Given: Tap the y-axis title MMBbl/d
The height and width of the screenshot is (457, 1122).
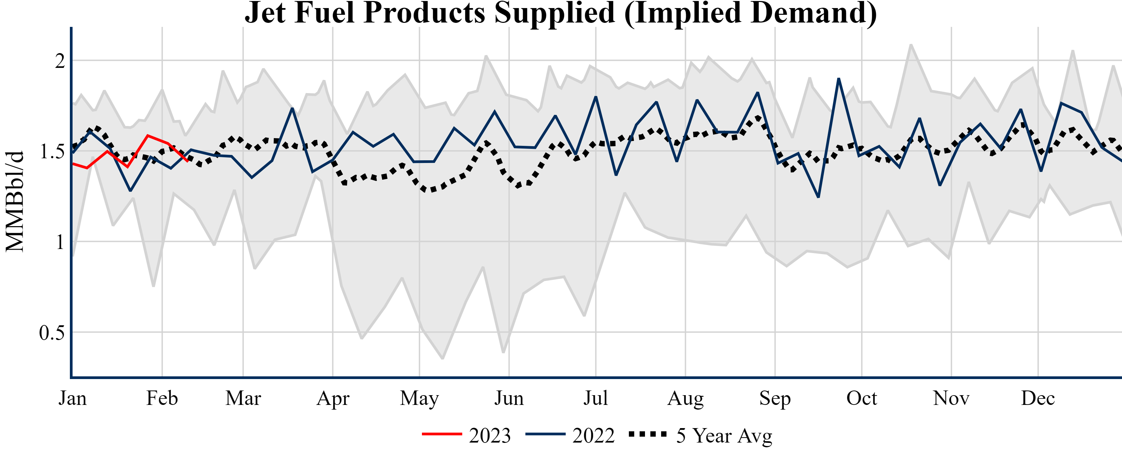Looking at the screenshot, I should coord(15,201).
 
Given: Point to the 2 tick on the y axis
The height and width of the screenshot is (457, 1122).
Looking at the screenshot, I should coord(60,61).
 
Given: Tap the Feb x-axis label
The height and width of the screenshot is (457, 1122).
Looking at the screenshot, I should coord(162,398).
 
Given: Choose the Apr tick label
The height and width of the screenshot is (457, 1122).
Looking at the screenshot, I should coord(333,398).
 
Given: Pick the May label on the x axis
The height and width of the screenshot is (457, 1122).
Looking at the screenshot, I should coord(420,398).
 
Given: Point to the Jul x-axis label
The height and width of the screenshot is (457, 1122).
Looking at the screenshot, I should coord(595,398).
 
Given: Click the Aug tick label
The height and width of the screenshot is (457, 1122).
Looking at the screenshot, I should coord(685,398).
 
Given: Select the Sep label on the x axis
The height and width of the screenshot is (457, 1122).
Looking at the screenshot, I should coord(775,398).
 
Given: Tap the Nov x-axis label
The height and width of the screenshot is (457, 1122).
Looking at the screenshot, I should coord(951,398).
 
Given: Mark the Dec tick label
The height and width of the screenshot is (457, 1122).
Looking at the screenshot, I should coord(1038,398).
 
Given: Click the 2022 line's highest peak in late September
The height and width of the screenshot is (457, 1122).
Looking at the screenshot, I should coord(838,79).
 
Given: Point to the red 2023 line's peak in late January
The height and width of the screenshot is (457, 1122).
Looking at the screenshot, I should coord(148,135).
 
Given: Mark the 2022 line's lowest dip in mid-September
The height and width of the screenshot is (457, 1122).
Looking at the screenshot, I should coord(818,197).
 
